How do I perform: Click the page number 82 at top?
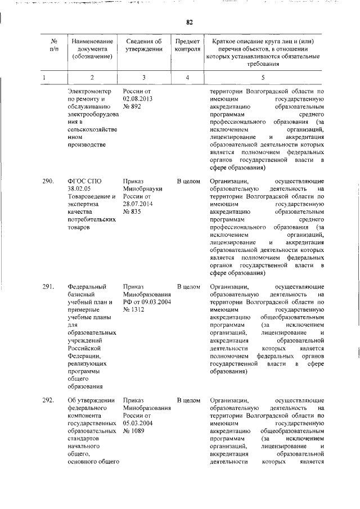[x=190, y=22]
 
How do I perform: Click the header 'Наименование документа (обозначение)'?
[x=90, y=48]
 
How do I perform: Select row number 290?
[x=49, y=182]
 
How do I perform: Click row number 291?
[x=49, y=286]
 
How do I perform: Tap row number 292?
[x=49, y=400]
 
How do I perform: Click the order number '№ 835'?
[x=133, y=213]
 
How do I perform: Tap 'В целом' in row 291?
[x=188, y=286]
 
